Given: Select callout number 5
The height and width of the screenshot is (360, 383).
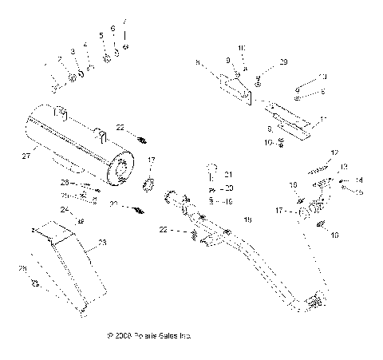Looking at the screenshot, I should coord(101,37).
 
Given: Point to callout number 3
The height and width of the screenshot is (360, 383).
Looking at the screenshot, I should coord(72,52).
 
